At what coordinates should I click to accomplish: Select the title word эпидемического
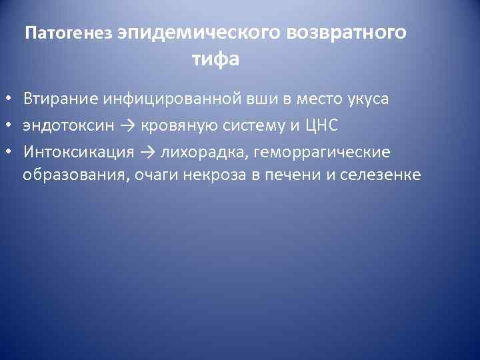[x=200, y=33]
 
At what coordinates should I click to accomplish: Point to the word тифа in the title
[x=215, y=59]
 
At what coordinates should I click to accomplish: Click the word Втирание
[x=61, y=99]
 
